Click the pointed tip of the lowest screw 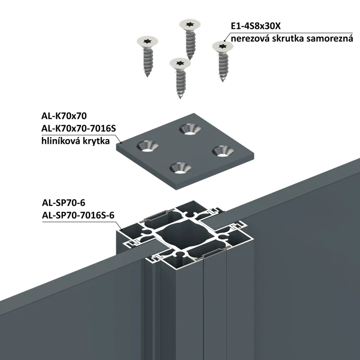tap(180, 98)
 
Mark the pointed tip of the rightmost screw tap(223, 83)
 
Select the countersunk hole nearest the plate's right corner tap(221, 151)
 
